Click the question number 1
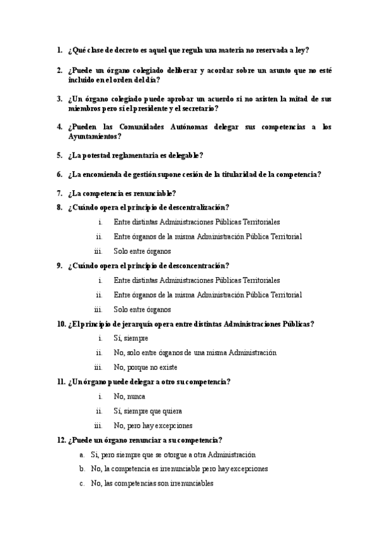click(x=59, y=50)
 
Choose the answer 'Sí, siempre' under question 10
click(x=131, y=338)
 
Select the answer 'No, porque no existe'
click(x=146, y=367)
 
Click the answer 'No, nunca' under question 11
click(x=129, y=396)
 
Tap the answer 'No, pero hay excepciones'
click(x=153, y=425)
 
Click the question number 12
click(x=61, y=440)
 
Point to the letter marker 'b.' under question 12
click(x=82, y=469)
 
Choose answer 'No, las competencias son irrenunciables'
click(x=152, y=484)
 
